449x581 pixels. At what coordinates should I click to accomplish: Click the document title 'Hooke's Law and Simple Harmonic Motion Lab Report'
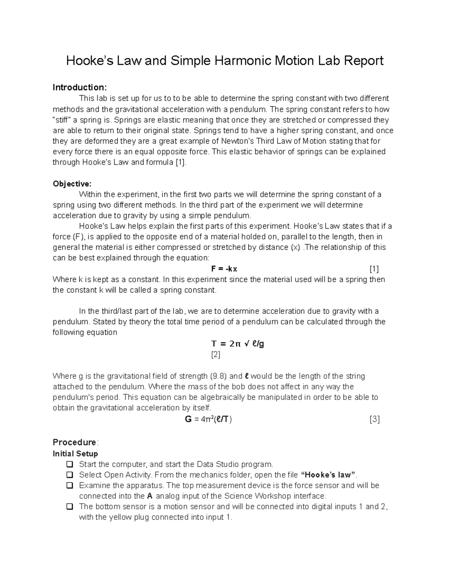[x=224, y=60]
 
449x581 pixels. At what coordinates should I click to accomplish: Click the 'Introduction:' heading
[x=80, y=88]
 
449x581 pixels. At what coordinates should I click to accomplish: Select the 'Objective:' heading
[x=72, y=184]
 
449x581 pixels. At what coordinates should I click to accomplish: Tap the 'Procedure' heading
[x=74, y=442]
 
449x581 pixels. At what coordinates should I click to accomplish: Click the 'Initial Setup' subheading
[x=75, y=454]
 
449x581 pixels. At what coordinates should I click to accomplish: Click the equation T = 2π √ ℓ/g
[x=238, y=344]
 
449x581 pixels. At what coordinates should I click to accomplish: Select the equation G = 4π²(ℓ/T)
[x=208, y=419]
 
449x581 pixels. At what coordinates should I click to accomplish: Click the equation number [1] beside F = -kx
[x=374, y=269]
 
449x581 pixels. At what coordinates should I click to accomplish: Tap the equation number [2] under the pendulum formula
[x=216, y=354]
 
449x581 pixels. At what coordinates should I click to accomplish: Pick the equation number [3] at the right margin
[x=374, y=419]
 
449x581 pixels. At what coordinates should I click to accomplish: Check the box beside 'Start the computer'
[x=69, y=465]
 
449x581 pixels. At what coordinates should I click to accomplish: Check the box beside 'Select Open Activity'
[x=69, y=475]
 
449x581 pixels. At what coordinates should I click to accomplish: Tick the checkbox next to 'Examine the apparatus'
[x=69, y=486]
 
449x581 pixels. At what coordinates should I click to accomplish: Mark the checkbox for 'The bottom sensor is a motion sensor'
[x=69, y=507]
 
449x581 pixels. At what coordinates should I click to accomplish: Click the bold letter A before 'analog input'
[x=150, y=496]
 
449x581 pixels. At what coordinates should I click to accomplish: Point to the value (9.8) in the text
[x=218, y=376]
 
